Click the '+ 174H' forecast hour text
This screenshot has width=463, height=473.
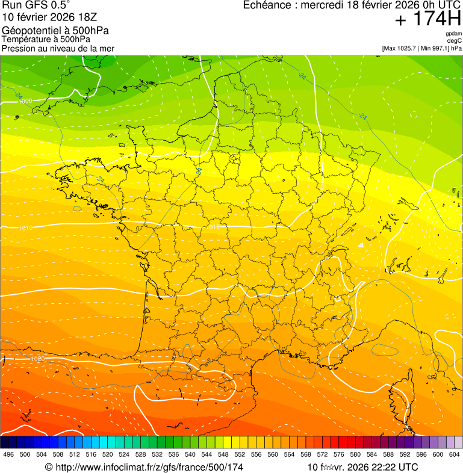428,20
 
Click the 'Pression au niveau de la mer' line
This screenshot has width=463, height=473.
58,48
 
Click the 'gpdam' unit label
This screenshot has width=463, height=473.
453,34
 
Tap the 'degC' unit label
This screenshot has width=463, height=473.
455,40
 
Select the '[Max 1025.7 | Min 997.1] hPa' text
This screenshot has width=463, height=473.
421,48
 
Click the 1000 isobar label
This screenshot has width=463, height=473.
25,101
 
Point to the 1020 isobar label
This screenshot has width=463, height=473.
37,359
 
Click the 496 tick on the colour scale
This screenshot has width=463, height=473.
8,454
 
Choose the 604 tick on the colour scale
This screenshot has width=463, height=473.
454,454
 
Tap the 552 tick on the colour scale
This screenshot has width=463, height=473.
240,454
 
